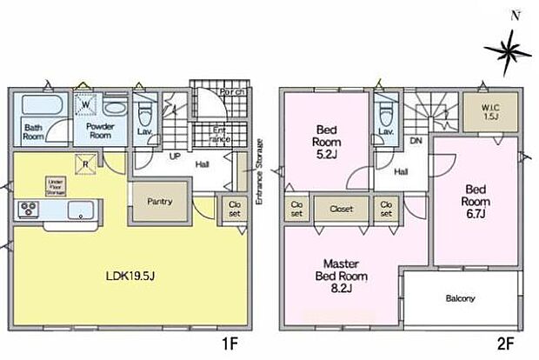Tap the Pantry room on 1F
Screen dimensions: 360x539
point(159,202)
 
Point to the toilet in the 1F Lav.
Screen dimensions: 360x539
point(146,115)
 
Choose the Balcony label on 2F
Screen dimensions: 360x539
point(461,299)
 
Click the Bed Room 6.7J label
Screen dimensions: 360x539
point(477,197)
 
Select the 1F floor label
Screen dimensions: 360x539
point(229,344)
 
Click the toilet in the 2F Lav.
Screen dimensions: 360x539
point(383,114)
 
